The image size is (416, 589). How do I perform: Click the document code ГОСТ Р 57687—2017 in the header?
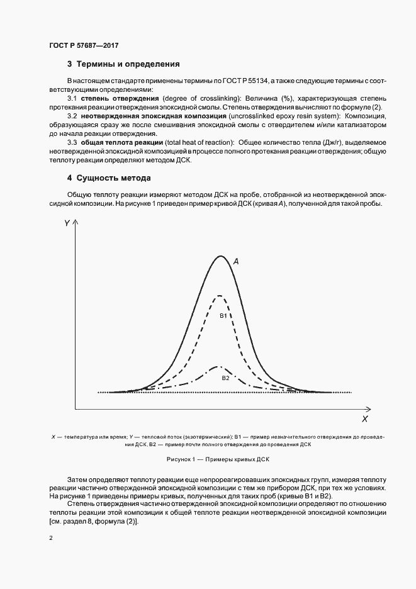click(x=84, y=46)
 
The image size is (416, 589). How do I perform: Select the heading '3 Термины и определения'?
click(x=123, y=64)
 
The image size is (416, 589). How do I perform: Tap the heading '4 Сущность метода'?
click(x=109, y=178)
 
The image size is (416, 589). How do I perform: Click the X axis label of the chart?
click(x=364, y=418)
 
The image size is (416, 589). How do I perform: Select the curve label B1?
click(x=223, y=315)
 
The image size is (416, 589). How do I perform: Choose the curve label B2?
click(x=225, y=378)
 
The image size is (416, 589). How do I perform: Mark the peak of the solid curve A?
click(x=220, y=255)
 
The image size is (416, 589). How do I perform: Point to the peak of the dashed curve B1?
click(x=219, y=295)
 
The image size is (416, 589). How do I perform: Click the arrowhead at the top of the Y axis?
click(x=76, y=223)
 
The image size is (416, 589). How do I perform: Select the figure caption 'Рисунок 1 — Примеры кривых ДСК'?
click(x=218, y=459)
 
